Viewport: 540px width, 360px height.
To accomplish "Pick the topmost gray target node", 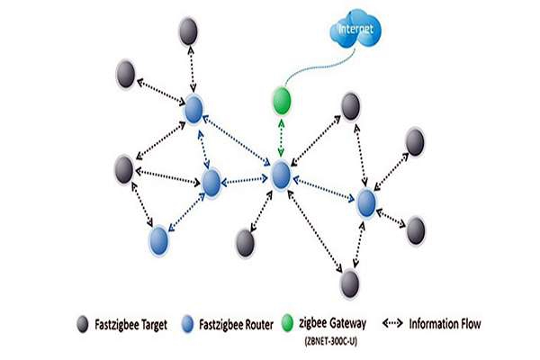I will coord(187,32).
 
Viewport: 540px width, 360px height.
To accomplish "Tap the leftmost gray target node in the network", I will coord(126,167).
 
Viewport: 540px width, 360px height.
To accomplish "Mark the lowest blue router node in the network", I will coord(158,240).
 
